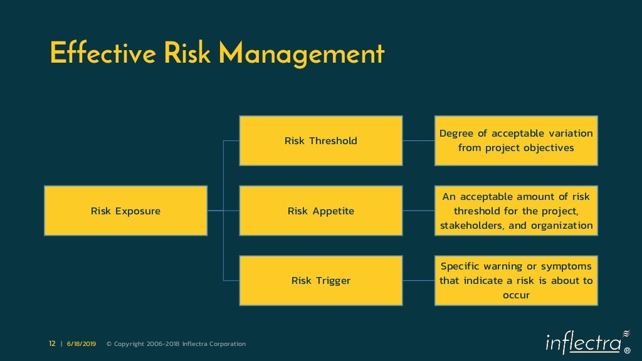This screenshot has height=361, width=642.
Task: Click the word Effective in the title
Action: point(103,53)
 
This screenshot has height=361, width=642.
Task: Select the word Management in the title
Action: point(302,55)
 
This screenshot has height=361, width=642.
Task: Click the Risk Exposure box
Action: point(125,211)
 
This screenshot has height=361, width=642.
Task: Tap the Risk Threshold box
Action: point(320,140)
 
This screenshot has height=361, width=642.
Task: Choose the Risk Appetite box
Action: point(320,211)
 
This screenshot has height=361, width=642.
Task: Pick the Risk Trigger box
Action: point(320,280)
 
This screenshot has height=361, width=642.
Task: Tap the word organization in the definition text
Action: point(562,226)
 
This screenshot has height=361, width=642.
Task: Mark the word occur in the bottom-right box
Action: point(516,295)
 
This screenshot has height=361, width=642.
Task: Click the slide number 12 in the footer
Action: point(52,343)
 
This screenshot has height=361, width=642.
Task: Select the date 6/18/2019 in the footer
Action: point(82,343)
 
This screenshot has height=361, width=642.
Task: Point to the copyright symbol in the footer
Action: point(109,343)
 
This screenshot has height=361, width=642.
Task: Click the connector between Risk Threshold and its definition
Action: point(418,140)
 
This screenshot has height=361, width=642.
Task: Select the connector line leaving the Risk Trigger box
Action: point(418,280)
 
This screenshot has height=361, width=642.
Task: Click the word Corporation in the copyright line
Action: point(228,343)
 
